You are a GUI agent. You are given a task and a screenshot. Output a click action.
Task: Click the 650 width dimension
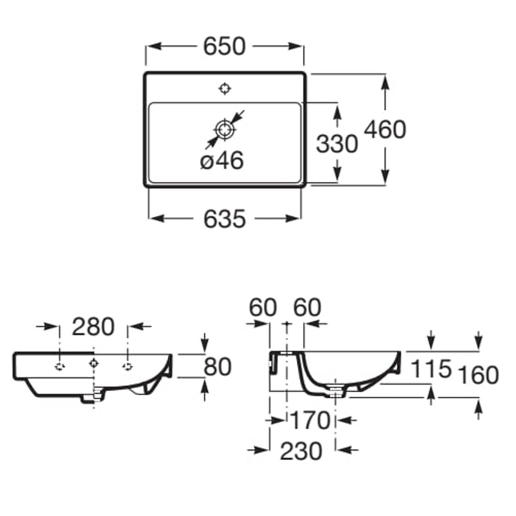pos(224,46)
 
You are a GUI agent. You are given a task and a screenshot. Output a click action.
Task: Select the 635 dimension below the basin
pos(224,219)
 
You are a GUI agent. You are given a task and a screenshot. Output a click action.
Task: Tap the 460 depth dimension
pos(385,129)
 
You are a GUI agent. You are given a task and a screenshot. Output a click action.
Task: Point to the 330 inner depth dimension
pos(337,144)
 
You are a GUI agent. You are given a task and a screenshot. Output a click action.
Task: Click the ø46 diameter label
pos(222,161)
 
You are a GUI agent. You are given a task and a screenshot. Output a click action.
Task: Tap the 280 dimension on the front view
pos(93,327)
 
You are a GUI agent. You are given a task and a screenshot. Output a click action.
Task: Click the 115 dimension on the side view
pos(431,369)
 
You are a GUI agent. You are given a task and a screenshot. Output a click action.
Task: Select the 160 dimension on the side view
pos(477,375)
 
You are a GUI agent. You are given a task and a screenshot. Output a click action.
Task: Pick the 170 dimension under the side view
pos(311,420)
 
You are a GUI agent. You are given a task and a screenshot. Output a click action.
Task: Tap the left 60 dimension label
pos(263,307)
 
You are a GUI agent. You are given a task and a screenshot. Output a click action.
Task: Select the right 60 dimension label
pos(307,307)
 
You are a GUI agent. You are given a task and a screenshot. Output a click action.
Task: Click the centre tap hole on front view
pos(94,364)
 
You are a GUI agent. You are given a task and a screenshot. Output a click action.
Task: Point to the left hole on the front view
pos(60,366)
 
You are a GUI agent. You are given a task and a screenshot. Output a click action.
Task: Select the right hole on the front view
pos(128,366)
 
